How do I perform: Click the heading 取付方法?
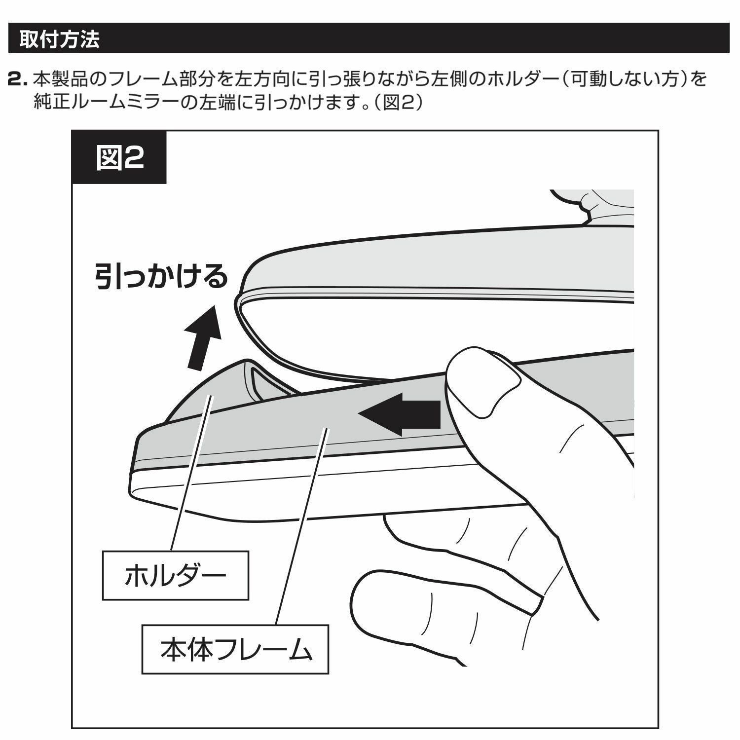coord(59,39)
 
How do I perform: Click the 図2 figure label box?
coord(119,158)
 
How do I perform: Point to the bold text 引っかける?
coord(161,277)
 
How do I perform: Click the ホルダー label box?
coord(175,575)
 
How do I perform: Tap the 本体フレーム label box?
coord(235,649)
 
